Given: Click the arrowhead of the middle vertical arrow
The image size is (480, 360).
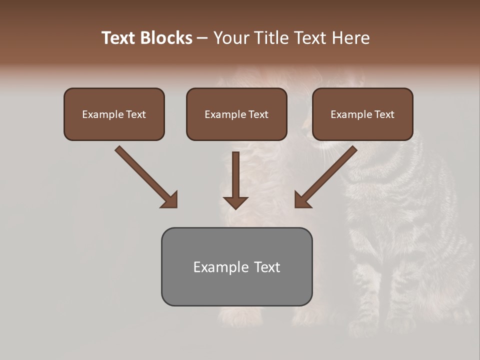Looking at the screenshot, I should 235,202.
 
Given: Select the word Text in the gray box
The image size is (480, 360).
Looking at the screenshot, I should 267,267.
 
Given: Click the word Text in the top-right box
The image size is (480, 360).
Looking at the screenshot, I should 384,114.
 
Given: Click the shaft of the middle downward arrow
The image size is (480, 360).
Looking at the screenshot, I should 235,172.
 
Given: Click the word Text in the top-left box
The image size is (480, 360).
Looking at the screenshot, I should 136,114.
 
